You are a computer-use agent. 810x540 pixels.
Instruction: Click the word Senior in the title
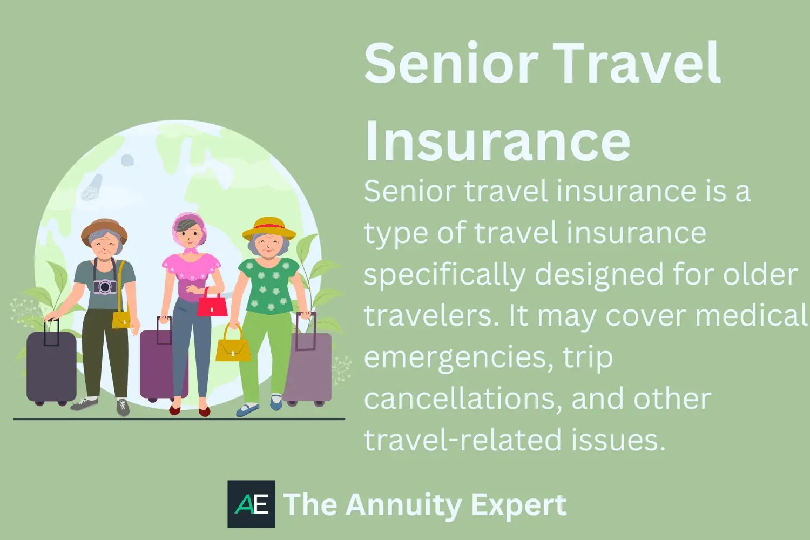coord(451,63)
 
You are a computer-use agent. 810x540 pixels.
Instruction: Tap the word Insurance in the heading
coord(497,141)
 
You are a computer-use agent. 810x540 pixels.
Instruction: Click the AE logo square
coord(251,504)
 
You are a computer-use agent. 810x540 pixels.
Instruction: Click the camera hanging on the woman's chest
coord(104,286)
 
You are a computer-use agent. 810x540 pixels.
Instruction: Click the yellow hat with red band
coord(269,228)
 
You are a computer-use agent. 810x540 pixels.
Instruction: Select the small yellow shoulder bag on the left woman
coord(122,319)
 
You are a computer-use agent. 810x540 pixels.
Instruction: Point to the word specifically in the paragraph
coord(444,275)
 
